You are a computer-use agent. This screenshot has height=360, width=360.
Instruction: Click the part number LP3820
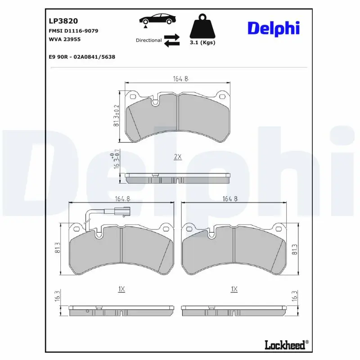point(63,21)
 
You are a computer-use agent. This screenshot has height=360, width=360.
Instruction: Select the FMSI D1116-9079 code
point(73,31)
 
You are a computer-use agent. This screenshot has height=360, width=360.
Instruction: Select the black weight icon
point(202,26)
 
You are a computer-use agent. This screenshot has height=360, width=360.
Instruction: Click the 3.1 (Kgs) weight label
point(202,43)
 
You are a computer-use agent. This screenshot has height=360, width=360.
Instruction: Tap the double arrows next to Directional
point(171,40)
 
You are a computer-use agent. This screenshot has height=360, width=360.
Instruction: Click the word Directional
point(148,40)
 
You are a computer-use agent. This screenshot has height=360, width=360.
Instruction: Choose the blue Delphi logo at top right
point(273,28)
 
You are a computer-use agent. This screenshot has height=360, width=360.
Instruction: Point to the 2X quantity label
point(177,157)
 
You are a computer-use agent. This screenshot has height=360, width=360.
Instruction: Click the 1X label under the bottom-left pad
point(121,289)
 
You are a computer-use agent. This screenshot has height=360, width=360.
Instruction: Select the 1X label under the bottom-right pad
point(234,289)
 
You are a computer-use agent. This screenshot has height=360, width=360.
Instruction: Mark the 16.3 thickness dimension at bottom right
point(295,295)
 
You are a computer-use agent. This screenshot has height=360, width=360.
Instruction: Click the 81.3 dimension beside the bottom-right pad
point(295,251)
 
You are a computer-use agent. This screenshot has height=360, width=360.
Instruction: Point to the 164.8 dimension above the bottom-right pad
point(229,199)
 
